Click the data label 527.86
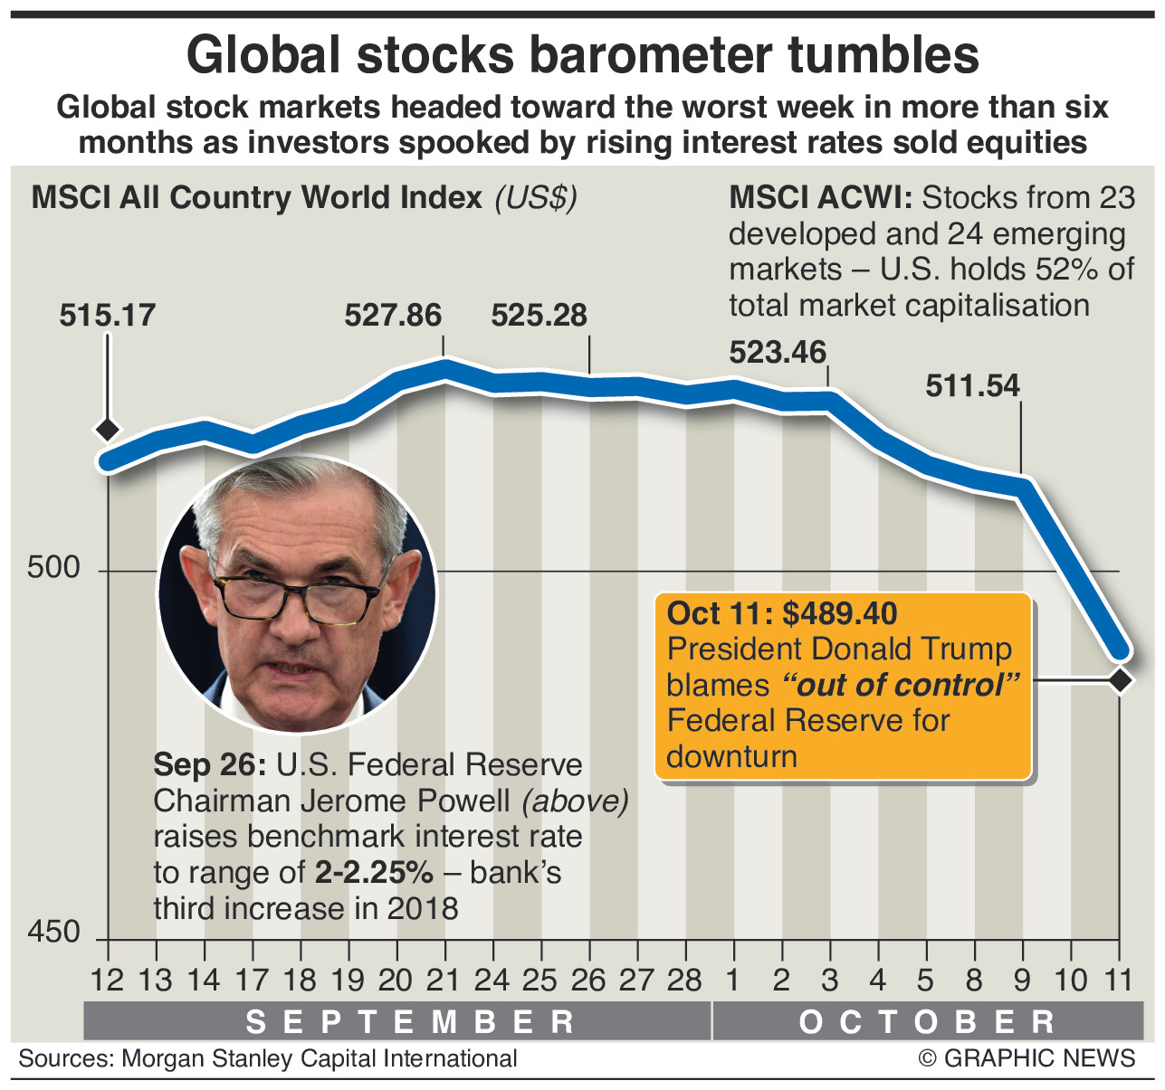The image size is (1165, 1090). point(393,316)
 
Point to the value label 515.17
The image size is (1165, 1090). point(108,316)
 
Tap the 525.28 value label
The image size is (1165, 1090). point(539,316)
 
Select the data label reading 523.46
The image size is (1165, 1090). point(778,351)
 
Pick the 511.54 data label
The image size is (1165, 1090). point(972,386)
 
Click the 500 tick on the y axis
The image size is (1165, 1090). point(53,568)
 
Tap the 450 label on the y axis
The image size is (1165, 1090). point(53,932)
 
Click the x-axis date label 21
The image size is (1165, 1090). point(444,980)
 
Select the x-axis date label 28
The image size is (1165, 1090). point(684,980)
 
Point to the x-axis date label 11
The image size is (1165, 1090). point(1120,980)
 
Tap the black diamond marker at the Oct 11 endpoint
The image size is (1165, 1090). point(1121,680)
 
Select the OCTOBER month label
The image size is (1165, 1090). point(927,1021)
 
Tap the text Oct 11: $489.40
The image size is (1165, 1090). point(782,613)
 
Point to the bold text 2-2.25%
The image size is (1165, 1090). point(374,872)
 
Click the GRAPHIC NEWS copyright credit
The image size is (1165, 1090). point(1027,1058)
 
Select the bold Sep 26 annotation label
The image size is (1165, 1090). point(208,764)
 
